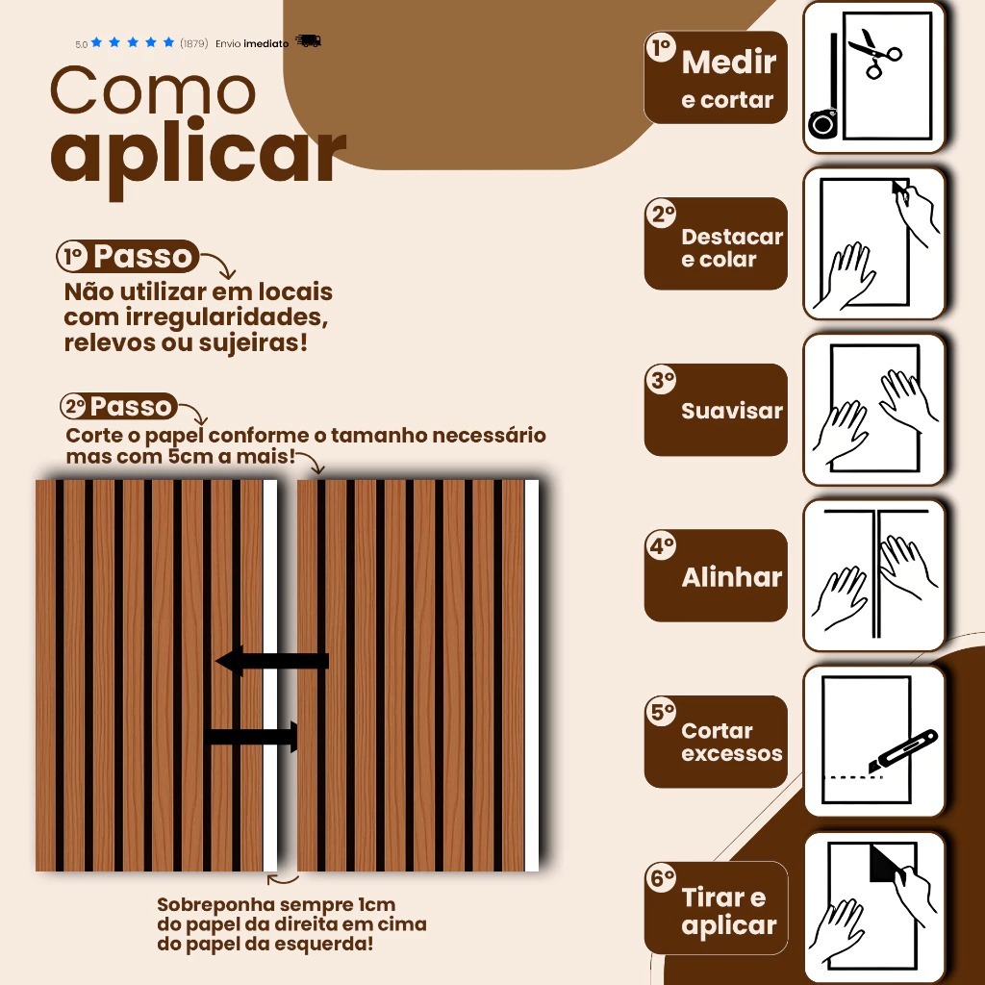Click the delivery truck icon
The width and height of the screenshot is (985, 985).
(x=308, y=41)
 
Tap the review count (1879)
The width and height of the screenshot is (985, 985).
(x=193, y=43)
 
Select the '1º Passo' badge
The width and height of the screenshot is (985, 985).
(x=128, y=256)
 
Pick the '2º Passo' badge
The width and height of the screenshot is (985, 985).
(x=118, y=407)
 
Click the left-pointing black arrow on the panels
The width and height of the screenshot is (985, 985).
(x=272, y=662)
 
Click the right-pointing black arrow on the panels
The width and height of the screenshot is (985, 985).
(x=251, y=737)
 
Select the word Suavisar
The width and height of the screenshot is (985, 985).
(x=732, y=411)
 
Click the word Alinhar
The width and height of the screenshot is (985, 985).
(x=732, y=577)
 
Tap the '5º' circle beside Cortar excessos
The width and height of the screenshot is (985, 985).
(x=661, y=712)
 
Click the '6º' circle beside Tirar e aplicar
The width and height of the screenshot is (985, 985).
(x=661, y=878)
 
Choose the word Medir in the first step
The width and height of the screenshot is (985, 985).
(x=729, y=63)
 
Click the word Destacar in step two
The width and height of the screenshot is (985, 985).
(x=732, y=237)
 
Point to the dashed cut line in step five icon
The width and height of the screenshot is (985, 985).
(x=853, y=777)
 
